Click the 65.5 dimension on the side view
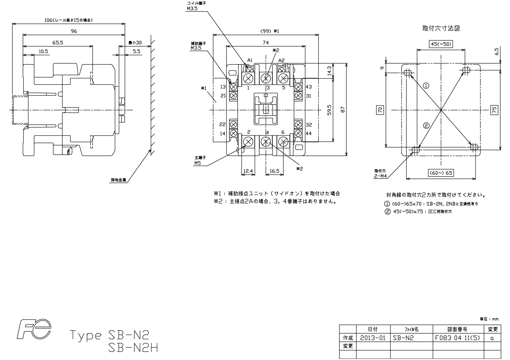coord(58,43)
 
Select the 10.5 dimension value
coord(43,51)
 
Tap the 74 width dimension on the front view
coord(266,43)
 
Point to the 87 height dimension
coord(343,110)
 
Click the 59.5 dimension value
coord(329,110)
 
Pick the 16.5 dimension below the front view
coord(274,171)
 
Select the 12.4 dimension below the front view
coord(248,171)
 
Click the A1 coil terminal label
coord(250,60)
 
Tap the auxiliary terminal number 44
coord(309,133)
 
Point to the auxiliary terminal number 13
coord(223,87)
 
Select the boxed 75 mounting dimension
coord(494,110)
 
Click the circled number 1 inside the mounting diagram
coord(426,86)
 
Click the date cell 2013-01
coord(373,338)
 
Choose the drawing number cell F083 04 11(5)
coord(458,338)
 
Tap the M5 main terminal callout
coord(198,163)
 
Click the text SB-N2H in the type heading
coord(133,348)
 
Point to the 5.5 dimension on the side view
coord(137,51)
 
